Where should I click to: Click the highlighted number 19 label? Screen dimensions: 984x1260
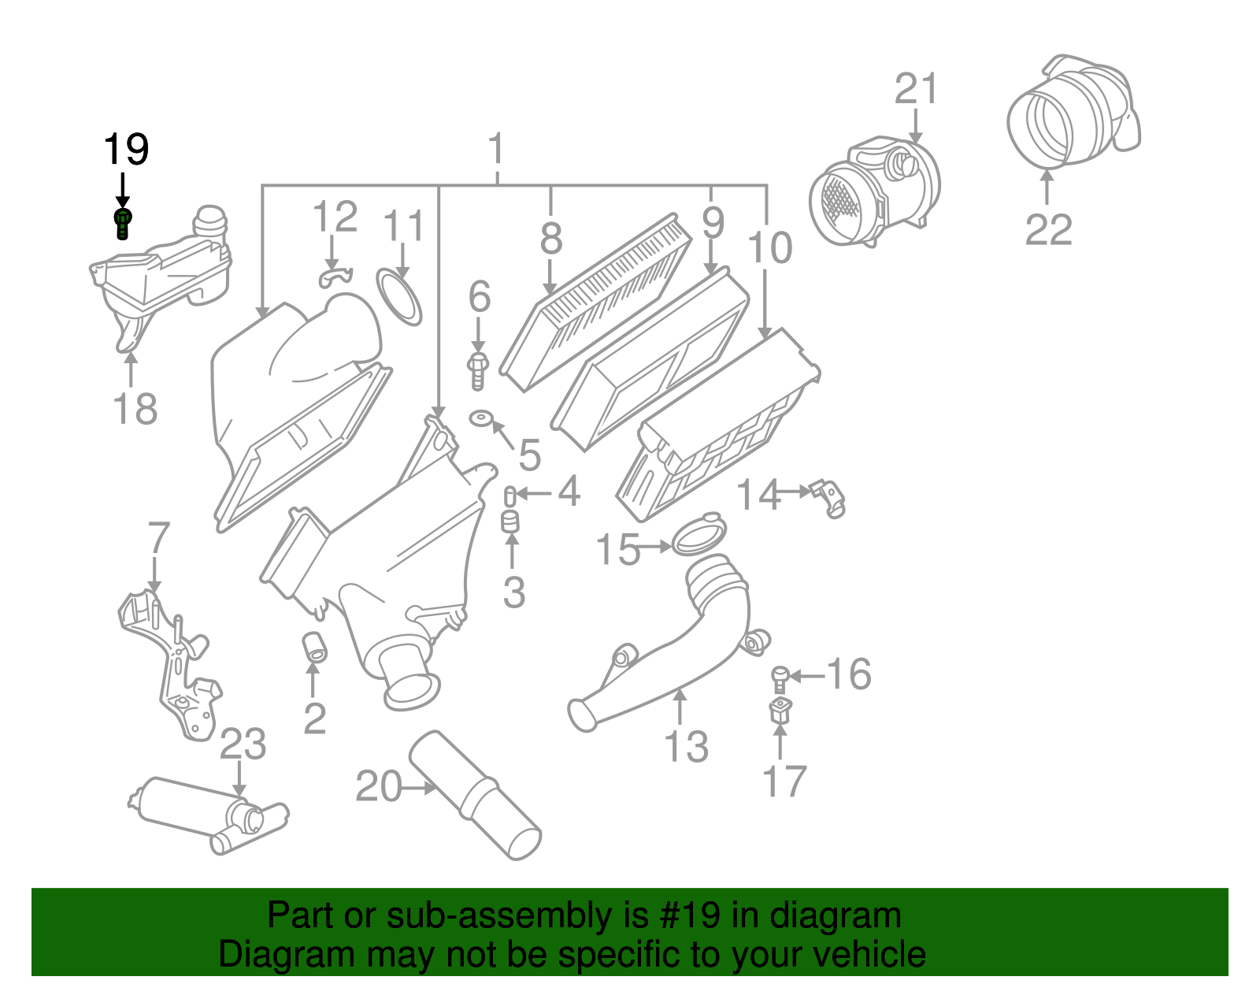tap(126, 150)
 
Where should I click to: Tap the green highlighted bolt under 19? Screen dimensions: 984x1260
tap(123, 223)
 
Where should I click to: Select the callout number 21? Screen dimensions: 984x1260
tap(917, 89)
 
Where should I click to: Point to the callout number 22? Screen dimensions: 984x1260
tap(1048, 230)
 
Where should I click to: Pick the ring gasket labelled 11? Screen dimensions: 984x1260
tap(399, 296)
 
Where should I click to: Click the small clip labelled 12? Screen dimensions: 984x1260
tap(334, 276)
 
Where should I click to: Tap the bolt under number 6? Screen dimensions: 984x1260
tap(477, 370)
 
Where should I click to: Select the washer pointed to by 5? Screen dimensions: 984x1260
tap(480, 417)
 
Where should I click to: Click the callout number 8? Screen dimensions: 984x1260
tap(551, 237)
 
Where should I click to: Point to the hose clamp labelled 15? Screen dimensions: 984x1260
tap(698, 534)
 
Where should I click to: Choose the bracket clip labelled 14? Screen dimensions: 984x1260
tap(828, 496)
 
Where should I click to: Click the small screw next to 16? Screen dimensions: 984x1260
tap(780, 678)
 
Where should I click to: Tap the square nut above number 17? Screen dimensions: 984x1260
tap(780, 711)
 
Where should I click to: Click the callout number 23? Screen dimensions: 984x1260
tap(243, 744)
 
